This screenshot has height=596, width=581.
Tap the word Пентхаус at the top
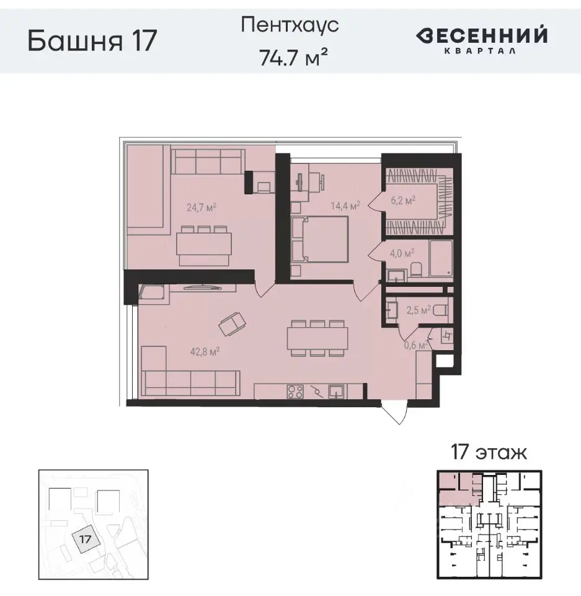point(291,26)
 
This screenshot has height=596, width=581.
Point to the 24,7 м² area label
point(201,208)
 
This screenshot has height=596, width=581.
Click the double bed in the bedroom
point(321,241)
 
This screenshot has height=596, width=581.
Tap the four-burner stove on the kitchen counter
point(295,392)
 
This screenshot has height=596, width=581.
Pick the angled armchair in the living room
point(232,322)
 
